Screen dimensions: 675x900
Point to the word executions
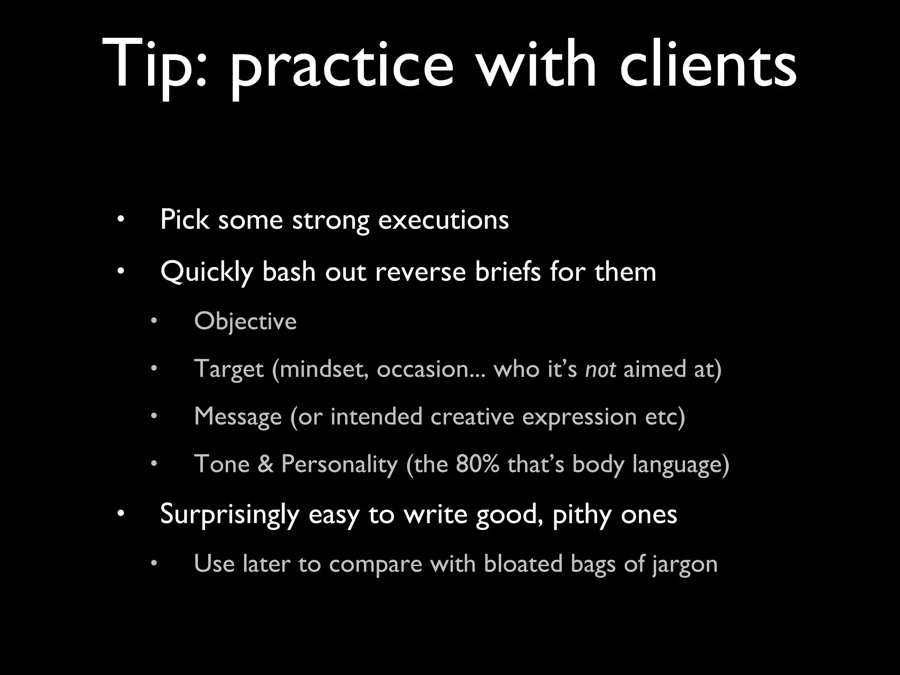tap(443, 220)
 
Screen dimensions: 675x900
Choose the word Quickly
tap(207, 272)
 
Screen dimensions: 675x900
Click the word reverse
tap(420, 272)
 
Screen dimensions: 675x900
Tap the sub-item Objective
tap(245, 321)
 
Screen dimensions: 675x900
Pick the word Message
tap(238, 417)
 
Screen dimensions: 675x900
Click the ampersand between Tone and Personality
tap(265, 464)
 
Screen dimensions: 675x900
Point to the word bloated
tap(523, 563)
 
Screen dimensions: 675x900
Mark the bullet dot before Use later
tap(153, 563)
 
